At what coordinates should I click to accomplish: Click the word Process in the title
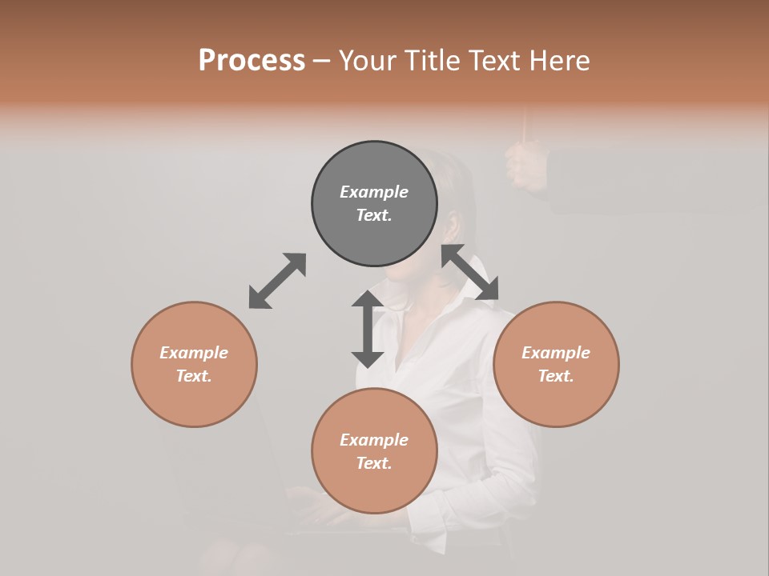click(252, 61)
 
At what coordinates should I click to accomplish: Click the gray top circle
click(374, 204)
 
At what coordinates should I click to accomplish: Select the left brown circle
click(194, 364)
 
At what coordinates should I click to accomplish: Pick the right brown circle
click(556, 364)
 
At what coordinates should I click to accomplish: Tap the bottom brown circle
click(374, 450)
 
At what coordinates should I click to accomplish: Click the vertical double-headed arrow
click(368, 329)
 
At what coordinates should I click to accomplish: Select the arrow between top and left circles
click(277, 281)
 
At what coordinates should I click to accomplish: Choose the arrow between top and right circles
click(470, 272)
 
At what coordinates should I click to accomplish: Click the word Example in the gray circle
click(374, 192)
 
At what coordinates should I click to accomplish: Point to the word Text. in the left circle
click(194, 376)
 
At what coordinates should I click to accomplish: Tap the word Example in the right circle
click(556, 353)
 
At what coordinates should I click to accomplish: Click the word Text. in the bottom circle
click(374, 463)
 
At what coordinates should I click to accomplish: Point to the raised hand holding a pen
click(525, 164)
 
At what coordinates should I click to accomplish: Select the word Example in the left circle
click(194, 353)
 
